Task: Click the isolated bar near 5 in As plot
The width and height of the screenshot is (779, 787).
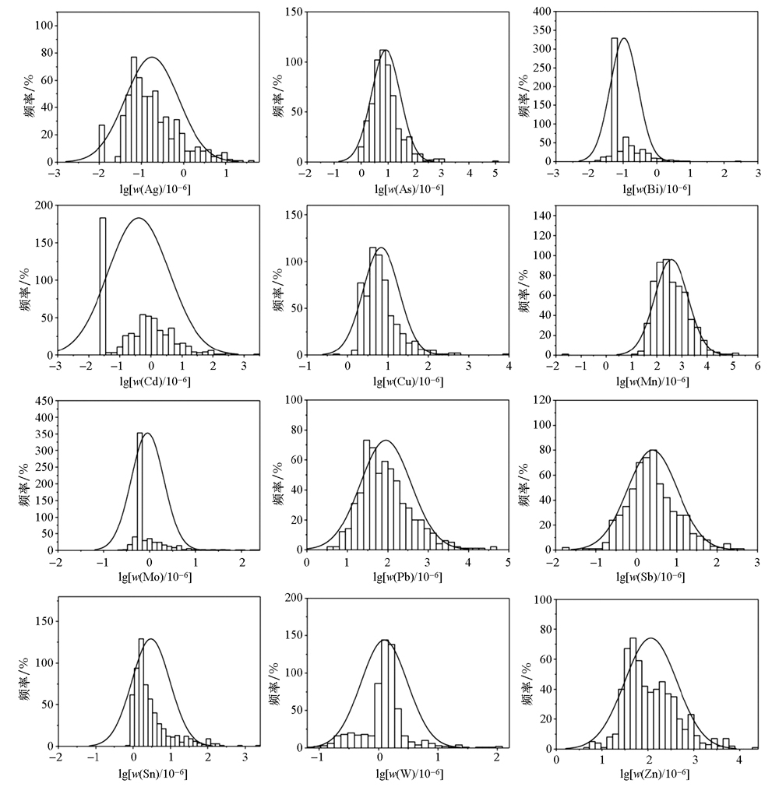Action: tap(495, 161)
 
